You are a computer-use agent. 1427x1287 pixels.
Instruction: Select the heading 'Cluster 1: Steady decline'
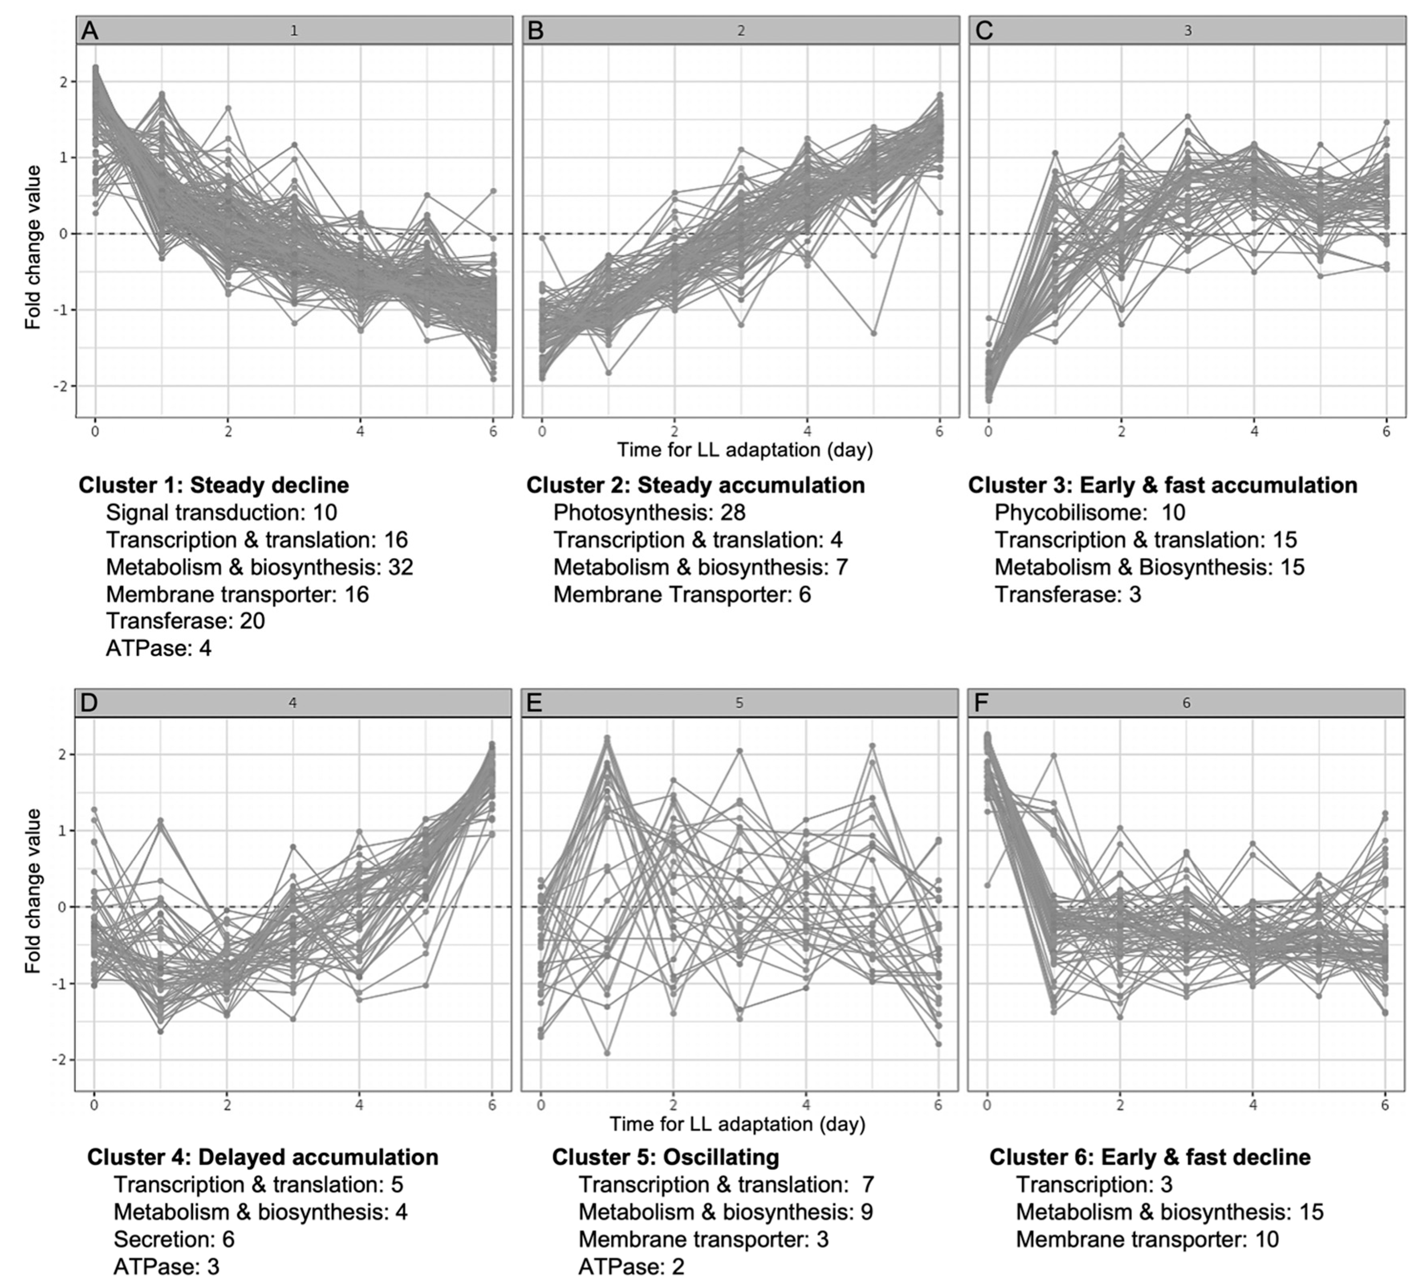coord(213,485)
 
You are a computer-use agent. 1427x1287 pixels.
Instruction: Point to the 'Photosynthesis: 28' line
coord(649,512)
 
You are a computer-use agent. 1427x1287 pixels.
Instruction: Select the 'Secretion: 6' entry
coord(174,1239)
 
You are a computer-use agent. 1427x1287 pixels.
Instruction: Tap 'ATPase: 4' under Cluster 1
coord(158,648)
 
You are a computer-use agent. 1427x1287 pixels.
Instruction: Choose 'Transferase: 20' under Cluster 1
coord(185,621)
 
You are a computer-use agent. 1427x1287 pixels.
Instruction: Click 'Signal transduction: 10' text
coord(221,512)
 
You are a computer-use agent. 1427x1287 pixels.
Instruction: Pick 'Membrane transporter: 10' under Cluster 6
coord(1147,1239)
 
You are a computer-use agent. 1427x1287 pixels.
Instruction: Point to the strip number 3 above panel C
coord(1187,31)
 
